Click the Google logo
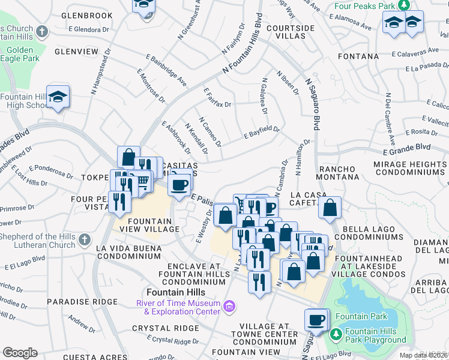[20, 353]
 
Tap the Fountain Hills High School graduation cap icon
[58, 97]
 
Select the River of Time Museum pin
[228, 307]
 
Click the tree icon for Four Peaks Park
[405, 4]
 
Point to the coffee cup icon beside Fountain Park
[316, 320]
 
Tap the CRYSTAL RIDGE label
[165, 328]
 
